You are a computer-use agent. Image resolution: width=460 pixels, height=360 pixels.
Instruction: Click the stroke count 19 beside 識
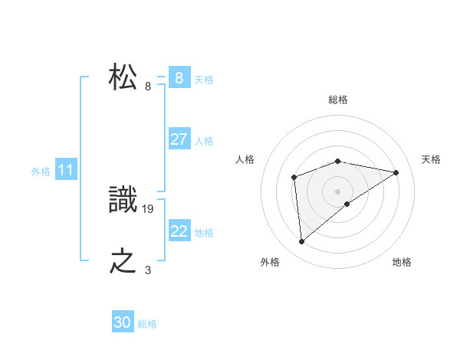pyautogui.click(x=149, y=208)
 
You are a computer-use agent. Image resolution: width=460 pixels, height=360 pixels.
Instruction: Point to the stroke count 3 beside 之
pyautogui.click(x=148, y=269)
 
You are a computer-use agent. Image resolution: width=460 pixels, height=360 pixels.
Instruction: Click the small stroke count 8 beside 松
pyautogui.click(x=148, y=86)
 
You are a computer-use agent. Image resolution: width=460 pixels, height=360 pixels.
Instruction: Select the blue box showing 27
pyautogui.click(x=179, y=139)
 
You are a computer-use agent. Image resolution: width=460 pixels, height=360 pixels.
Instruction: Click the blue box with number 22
pyautogui.click(x=179, y=231)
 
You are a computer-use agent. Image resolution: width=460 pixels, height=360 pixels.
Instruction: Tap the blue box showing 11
pyautogui.click(x=65, y=171)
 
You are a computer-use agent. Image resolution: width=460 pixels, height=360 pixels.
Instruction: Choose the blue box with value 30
pyautogui.click(x=123, y=322)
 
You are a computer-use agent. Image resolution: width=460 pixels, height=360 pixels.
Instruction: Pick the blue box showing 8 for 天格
pyautogui.click(x=179, y=78)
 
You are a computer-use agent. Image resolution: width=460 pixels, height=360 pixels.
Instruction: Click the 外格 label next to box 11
pyautogui.click(x=41, y=172)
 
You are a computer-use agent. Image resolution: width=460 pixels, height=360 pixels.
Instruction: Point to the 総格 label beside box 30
pyautogui.click(x=147, y=324)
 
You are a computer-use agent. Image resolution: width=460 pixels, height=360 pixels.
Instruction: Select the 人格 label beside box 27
pyautogui.click(x=204, y=141)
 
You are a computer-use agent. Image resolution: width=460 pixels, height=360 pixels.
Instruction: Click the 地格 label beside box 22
pyautogui.click(x=204, y=233)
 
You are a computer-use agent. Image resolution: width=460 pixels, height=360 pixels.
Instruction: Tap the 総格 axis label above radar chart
pyautogui.click(x=337, y=100)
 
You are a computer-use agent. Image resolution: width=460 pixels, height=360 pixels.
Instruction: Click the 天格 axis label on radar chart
pyautogui.click(x=432, y=159)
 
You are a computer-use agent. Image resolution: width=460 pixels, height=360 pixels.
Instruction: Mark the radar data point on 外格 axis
pyautogui.click(x=302, y=242)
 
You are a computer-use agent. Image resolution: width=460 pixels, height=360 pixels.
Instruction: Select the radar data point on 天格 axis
pyautogui.click(x=396, y=172)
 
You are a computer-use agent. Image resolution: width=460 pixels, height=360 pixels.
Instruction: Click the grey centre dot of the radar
pyautogui.click(x=337, y=191)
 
